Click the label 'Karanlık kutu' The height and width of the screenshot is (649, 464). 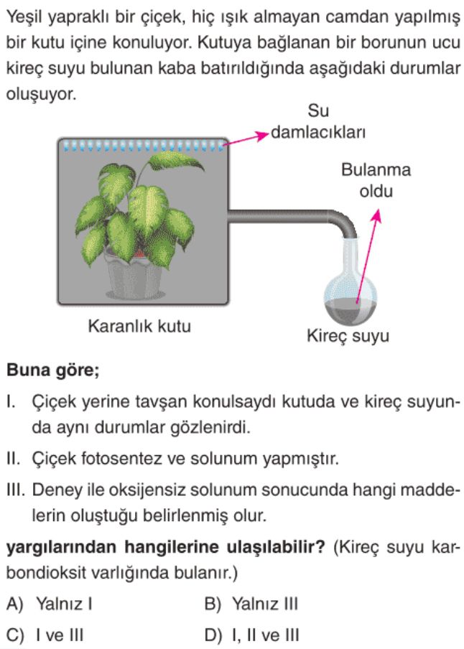coord(139,326)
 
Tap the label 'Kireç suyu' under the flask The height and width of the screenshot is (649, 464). coord(348,335)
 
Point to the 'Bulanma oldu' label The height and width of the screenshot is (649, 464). coord(376,180)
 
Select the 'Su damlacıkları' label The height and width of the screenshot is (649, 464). coord(318,122)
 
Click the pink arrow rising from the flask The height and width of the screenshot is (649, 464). coord(367,256)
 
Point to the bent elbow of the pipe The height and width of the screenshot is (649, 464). coord(344,221)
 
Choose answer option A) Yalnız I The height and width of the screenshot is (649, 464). coord(49,604)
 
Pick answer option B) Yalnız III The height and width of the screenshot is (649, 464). coord(251,604)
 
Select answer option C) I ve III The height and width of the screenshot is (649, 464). coord(45,635)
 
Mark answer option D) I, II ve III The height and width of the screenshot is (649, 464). coord(252,635)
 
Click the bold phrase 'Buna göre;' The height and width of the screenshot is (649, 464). coord(52,370)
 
